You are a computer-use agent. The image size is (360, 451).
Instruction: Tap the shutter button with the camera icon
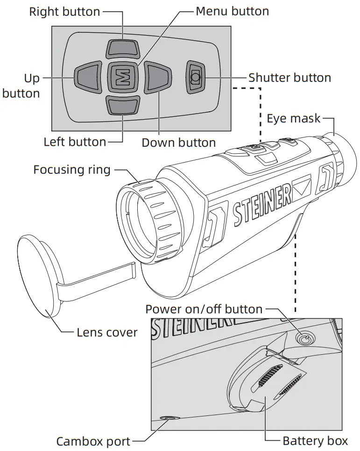click(x=195, y=78)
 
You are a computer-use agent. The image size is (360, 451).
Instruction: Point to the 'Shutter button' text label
click(x=289, y=78)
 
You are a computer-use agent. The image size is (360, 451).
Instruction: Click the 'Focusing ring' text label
click(x=72, y=169)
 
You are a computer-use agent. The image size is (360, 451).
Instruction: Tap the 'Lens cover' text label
click(x=107, y=332)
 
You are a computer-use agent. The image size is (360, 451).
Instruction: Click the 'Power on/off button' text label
click(x=204, y=309)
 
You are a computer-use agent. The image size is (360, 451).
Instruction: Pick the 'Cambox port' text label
click(x=93, y=441)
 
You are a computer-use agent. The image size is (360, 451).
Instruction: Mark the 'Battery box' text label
click(x=315, y=441)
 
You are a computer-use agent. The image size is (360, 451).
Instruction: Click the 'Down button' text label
click(x=179, y=143)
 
